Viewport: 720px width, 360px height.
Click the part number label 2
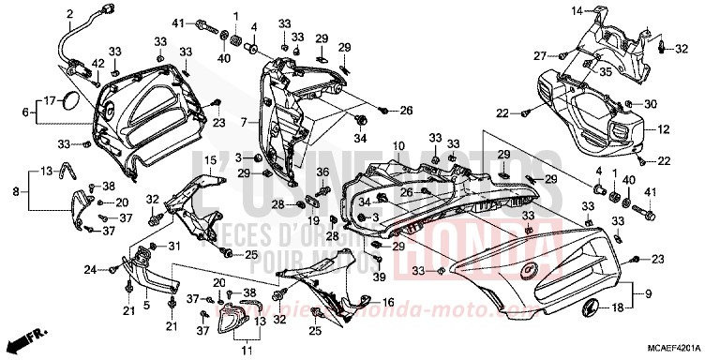(x=69, y=12)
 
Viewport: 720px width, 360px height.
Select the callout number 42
(x=97, y=64)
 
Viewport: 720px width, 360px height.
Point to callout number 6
(x=26, y=112)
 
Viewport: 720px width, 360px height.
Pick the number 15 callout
(x=211, y=160)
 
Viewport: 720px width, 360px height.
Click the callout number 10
(x=397, y=146)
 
